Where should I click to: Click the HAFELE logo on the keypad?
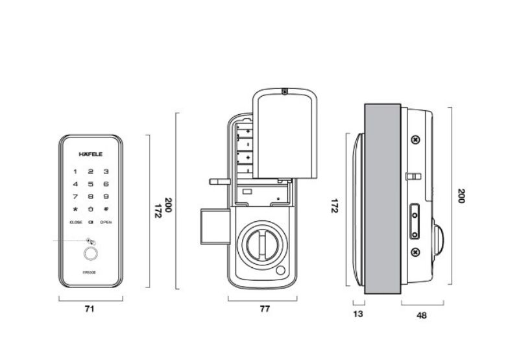pos(90,154)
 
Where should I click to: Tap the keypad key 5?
pos(90,184)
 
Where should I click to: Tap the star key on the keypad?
pos(75,209)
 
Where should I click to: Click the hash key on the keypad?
pos(105,209)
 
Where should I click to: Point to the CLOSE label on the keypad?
pos(76,222)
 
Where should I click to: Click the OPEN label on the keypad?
pos(106,222)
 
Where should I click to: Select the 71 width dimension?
pos(90,310)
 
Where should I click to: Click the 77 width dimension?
pos(264,310)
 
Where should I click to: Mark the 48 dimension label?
pos(422,315)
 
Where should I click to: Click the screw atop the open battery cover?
pos(284,91)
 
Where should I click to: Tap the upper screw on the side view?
pos(415,139)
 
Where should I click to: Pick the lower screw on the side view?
pos(415,252)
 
